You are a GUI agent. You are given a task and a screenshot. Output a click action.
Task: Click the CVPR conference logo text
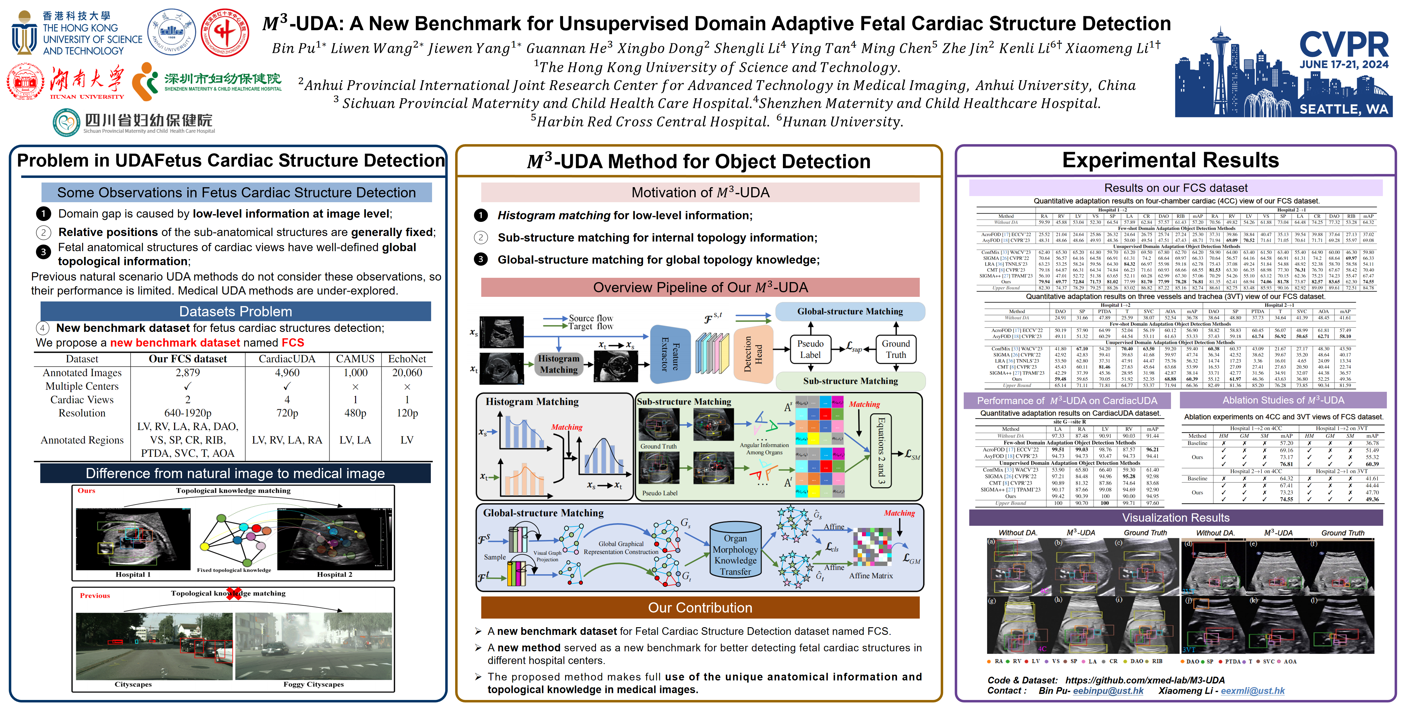click(x=1344, y=45)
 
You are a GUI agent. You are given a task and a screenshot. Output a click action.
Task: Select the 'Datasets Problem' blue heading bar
click(x=236, y=312)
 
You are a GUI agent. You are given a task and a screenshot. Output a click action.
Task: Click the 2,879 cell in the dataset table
click(x=188, y=373)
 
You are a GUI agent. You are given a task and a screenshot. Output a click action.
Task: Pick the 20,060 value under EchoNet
click(x=407, y=373)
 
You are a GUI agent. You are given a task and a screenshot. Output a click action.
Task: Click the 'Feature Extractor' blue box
click(x=670, y=354)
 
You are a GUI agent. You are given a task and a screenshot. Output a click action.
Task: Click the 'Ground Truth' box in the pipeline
click(x=895, y=349)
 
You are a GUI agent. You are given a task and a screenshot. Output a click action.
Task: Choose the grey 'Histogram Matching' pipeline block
click(x=558, y=364)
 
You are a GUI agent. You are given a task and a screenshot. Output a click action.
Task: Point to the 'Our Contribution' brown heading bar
click(x=700, y=608)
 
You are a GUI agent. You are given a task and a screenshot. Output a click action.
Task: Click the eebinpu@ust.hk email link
click(x=1108, y=691)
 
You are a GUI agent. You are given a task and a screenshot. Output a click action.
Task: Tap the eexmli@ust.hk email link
click(x=1252, y=691)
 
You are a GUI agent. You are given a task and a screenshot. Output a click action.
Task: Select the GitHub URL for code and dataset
click(x=1145, y=680)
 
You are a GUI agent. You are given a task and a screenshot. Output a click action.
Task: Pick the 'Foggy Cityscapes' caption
click(x=314, y=684)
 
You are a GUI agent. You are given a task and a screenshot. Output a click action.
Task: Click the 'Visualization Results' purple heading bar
click(x=1176, y=518)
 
